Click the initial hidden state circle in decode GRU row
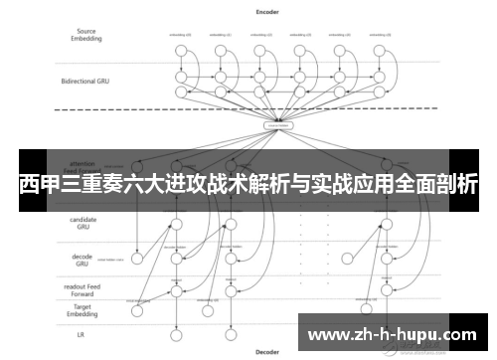138,259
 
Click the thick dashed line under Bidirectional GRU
248,108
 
